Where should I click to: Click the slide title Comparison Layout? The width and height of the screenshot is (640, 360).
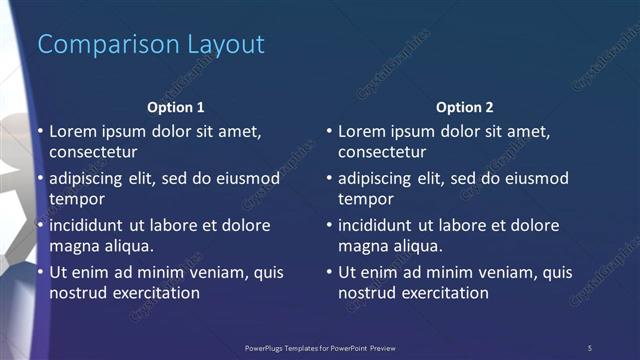point(151,45)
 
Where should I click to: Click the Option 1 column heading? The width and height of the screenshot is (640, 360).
point(176,107)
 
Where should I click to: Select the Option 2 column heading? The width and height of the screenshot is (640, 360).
point(465,107)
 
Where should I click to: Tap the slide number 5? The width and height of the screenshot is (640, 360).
point(590,347)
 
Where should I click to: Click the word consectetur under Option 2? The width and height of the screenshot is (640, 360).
point(382,153)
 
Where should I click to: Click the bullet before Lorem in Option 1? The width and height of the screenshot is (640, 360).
point(40,132)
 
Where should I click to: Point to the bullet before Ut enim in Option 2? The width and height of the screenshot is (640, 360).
point(329,272)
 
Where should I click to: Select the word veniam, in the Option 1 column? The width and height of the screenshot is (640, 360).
point(211,272)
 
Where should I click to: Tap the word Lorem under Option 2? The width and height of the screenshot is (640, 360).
point(361,131)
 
